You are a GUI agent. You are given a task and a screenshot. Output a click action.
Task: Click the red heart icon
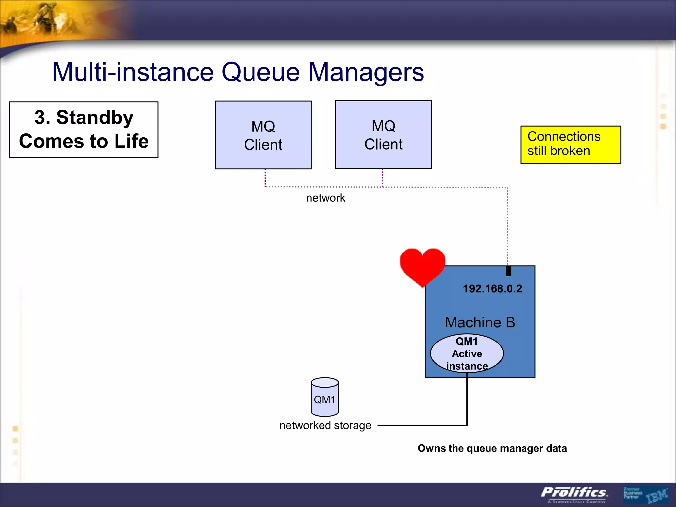point(422,266)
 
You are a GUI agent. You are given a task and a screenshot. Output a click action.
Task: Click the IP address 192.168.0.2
point(492,289)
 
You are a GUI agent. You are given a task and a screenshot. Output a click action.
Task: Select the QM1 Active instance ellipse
point(467,354)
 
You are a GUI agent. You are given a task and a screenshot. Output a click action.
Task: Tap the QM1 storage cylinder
point(324,397)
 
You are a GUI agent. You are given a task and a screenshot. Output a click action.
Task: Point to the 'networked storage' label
point(325,425)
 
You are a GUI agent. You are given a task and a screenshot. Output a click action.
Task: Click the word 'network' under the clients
point(325,198)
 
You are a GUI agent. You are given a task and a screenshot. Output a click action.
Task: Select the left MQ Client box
point(263,135)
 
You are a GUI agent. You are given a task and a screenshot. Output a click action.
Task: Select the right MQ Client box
point(383,135)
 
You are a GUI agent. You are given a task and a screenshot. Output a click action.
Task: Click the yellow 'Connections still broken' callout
point(570,145)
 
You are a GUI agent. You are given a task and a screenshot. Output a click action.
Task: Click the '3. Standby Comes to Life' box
point(84,130)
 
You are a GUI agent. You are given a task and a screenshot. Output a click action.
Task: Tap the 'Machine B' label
point(480,322)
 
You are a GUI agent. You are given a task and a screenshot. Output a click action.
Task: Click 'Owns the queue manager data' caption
point(492,448)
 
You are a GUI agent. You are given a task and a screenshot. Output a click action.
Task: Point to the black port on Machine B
point(508,271)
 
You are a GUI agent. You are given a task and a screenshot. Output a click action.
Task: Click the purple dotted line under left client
point(265,178)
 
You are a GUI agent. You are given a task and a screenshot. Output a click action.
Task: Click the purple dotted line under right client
point(383,178)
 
